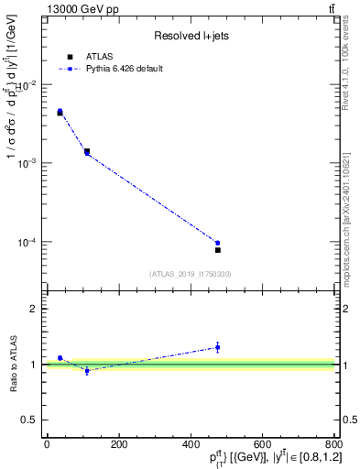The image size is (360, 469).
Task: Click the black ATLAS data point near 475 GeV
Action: click(x=218, y=249)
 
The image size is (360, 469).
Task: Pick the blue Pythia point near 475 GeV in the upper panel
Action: click(x=218, y=243)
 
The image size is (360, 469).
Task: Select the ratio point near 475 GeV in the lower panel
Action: click(x=218, y=347)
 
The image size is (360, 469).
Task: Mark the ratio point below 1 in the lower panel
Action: click(x=87, y=370)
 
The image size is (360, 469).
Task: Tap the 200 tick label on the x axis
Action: click(x=118, y=445)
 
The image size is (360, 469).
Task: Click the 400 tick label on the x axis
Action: click(x=191, y=445)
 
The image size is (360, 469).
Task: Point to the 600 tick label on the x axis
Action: click(x=262, y=445)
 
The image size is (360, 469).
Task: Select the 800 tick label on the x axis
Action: click(x=333, y=445)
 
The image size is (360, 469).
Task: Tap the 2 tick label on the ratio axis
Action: click(x=34, y=309)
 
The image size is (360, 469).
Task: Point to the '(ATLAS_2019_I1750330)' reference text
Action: click(x=190, y=274)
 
